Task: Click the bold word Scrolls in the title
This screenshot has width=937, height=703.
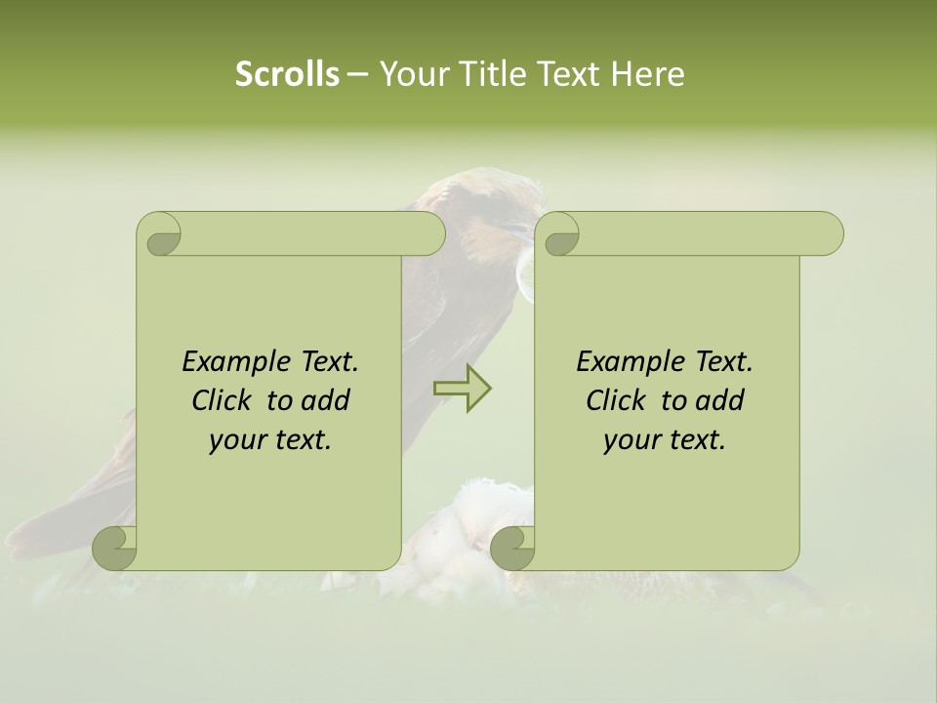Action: [x=288, y=74]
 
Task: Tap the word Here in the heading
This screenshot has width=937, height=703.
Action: [x=647, y=74]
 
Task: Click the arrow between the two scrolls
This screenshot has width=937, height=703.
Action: [x=462, y=388]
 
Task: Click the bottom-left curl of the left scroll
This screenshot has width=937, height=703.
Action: [x=115, y=549]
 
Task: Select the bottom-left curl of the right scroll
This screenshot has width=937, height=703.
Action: [x=512, y=549]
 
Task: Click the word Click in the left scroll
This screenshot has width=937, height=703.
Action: [x=222, y=400]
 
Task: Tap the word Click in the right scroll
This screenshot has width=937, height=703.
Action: [x=616, y=400]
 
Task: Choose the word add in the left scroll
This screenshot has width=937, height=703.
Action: [x=326, y=400]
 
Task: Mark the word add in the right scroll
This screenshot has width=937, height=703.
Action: [x=720, y=400]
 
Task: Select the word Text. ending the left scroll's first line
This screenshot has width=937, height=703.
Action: [x=328, y=362]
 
